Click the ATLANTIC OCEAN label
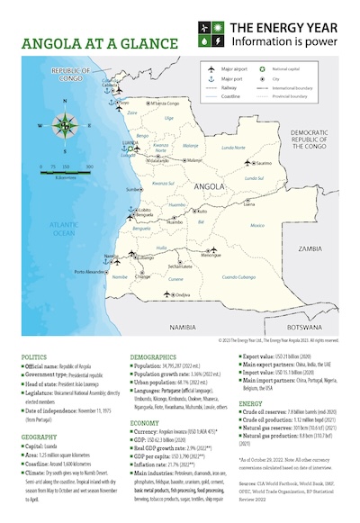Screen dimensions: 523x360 [x=64, y=229]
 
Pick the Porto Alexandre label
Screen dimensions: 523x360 [x=91, y=272]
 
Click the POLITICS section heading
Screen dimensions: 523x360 [x=34, y=356]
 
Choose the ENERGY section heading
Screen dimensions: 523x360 [x=251, y=404]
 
